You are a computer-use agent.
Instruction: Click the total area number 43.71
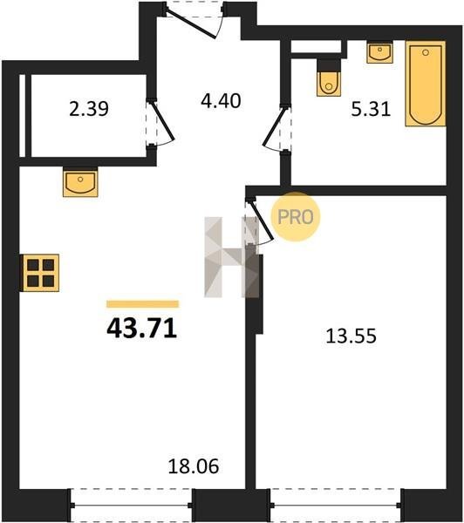click(141, 329)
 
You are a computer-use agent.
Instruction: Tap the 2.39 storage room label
click(89, 109)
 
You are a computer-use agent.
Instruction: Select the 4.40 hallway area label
click(221, 101)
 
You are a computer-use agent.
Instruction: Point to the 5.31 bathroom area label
click(371, 109)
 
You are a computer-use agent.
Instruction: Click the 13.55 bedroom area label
click(351, 336)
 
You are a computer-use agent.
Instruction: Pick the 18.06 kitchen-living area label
click(194, 466)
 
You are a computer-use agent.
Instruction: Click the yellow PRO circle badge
click(296, 217)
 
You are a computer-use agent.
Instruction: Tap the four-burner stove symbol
click(41, 273)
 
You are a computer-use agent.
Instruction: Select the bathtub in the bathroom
click(426, 84)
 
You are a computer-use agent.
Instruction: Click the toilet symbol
click(329, 78)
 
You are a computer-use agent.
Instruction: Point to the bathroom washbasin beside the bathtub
click(380, 52)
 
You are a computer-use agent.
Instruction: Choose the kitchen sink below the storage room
click(80, 182)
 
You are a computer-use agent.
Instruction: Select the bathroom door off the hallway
click(275, 128)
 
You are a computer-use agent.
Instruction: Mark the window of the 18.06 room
click(132, 506)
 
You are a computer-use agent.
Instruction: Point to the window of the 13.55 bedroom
click(336, 506)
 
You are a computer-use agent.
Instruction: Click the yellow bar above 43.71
click(142, 304)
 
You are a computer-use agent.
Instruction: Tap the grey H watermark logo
click(232, 257)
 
